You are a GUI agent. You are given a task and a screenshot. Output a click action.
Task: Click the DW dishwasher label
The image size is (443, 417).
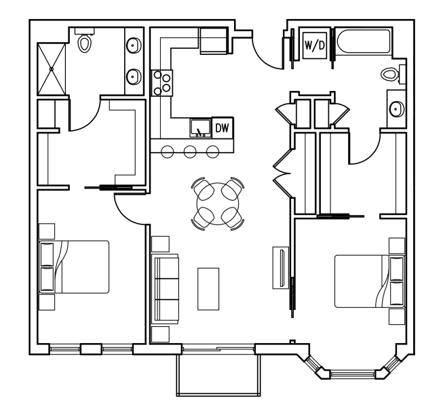(x=222, y=128)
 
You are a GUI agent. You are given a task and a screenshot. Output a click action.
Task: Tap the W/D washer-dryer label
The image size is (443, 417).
(x=315, y=45)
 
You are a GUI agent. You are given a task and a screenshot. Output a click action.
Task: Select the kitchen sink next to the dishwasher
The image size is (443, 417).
(x=201, y=128)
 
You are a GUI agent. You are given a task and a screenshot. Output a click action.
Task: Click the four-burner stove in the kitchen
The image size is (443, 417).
(x=162, y=83)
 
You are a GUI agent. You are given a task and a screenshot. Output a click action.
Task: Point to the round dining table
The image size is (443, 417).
(x=218, y=203)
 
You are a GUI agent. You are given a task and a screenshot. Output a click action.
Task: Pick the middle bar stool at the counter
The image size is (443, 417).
(x=190, y=152)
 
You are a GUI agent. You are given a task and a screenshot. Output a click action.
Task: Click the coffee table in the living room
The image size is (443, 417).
(x=208, y=289)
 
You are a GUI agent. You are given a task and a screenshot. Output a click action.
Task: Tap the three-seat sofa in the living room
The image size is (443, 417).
(x=165, y=289)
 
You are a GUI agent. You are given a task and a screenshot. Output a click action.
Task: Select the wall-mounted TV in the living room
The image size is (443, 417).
(x=281, y=268)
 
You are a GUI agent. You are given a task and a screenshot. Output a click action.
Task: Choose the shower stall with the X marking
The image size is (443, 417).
(x=52, y=69)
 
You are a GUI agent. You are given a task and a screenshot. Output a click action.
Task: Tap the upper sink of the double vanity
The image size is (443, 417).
(x=134, y=45)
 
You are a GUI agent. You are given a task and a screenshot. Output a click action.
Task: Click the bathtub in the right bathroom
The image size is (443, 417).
(x=363, y=41)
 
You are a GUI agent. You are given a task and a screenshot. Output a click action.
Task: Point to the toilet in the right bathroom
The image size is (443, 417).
(x=391, y=74)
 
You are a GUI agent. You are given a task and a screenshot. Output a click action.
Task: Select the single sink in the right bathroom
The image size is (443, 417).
(x=397, y=108)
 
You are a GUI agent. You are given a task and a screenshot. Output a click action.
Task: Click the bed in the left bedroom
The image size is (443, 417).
(x=74, y=266)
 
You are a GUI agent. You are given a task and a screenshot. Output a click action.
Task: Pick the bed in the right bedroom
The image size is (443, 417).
(x=370, y=281)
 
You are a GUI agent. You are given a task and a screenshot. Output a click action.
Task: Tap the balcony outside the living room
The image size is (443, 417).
(x=218, y=375)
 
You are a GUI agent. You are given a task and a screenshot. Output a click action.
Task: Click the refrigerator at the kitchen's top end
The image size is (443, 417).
(x=214, y=41)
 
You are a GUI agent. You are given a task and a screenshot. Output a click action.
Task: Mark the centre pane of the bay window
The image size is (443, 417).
(x=353, y=374)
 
